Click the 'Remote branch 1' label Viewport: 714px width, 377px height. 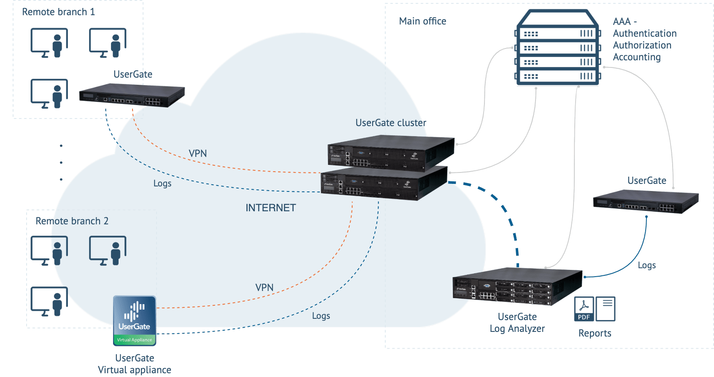(58, 12)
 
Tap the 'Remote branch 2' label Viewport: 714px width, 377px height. (72, 221)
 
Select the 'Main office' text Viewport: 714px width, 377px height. (422, 21)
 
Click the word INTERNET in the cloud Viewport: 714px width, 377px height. (270, 208)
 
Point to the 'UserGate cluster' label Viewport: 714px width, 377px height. (391, 123)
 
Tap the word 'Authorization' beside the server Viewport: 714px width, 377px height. (642, 45)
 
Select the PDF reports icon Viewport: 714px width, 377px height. (584, 309)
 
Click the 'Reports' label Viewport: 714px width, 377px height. (595, 333)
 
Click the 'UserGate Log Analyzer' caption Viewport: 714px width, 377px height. (517, 323)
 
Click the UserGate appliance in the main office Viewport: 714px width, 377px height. (646, 202)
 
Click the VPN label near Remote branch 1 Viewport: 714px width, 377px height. (197, 153)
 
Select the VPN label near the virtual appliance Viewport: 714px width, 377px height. (264, 288)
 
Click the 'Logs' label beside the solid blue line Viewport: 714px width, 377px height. (646, 265)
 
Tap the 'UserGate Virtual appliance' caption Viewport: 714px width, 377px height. (135, 364)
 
